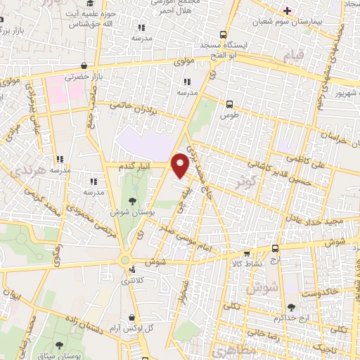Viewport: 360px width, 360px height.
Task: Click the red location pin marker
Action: click(x=181, y=164)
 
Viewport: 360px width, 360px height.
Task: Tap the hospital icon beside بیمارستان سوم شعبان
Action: click(x=286, y=10)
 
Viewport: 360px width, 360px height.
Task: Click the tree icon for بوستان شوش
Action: click(x=132, y=201)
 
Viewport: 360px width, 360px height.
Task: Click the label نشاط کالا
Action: click(x=245, y=264)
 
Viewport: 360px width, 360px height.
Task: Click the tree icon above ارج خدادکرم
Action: click(x=292, y=307)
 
